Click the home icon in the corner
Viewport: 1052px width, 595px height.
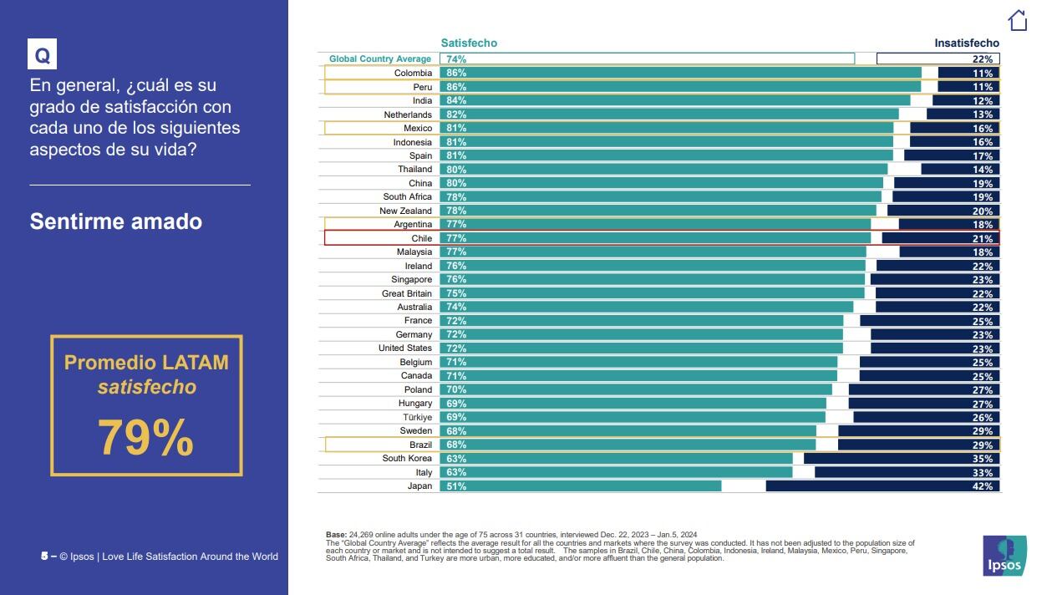1017,20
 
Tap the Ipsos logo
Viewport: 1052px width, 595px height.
1004,556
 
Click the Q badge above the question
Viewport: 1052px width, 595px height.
43,54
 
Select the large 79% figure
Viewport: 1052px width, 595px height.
145,438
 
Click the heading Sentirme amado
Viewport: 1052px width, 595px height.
116,221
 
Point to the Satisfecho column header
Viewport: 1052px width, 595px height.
469,43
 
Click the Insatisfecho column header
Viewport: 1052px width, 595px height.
967,43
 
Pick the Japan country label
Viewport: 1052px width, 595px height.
419,486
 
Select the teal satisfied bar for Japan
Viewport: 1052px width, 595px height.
581,486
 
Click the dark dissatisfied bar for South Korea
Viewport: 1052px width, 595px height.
902,458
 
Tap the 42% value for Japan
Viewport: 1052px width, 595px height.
983,486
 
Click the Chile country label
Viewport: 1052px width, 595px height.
422,238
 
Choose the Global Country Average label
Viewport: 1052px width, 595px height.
380,58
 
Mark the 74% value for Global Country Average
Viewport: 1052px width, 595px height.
456,59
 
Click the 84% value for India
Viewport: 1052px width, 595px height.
456,100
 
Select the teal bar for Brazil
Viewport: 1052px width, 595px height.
628,445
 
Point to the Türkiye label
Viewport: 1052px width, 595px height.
418,418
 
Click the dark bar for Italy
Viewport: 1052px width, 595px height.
907,472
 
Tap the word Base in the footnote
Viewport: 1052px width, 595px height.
336,535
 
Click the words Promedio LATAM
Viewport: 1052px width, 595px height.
146,363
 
